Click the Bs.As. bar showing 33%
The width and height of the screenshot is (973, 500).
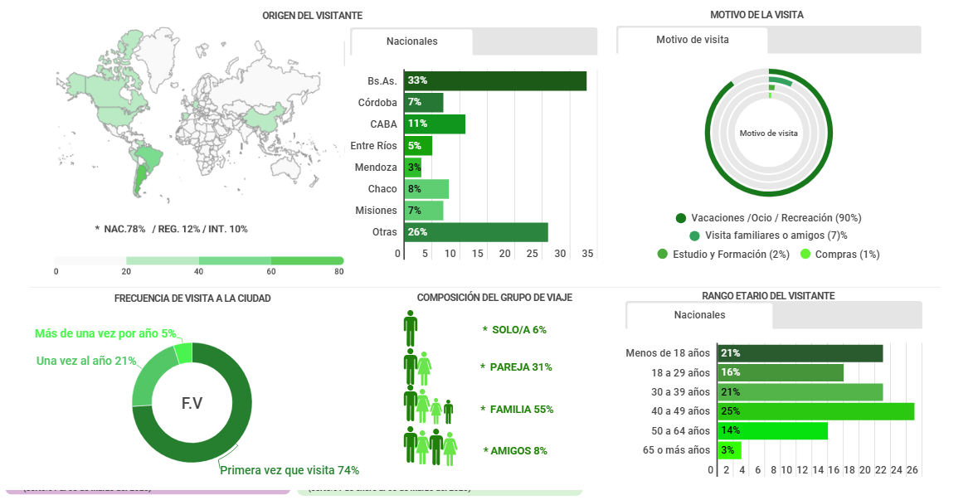(x=495, y=80)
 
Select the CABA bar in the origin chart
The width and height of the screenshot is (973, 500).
(x=435, y=124)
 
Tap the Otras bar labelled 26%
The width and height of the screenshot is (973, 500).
(x=476, y=232)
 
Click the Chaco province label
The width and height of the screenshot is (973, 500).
(x=382, y=189)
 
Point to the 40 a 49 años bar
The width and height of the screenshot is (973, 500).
(x=816, y=411)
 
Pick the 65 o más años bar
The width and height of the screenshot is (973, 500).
(x=728, y=450)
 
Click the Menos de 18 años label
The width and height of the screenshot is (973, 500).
(x=668, y=353)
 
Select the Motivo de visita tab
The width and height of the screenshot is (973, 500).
(x=693, y=40)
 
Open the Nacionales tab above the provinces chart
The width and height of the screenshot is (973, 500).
(x=412, y=41)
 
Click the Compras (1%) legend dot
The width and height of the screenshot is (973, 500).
(x=805, y=255)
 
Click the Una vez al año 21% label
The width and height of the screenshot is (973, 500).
(x=86, y=361)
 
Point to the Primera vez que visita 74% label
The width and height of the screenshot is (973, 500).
(x=289, y=470)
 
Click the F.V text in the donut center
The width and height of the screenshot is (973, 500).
(x=192, y=404)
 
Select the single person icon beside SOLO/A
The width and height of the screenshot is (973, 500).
(x=411, y=329)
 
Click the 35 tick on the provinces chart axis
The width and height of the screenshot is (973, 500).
(x=587, y=254)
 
